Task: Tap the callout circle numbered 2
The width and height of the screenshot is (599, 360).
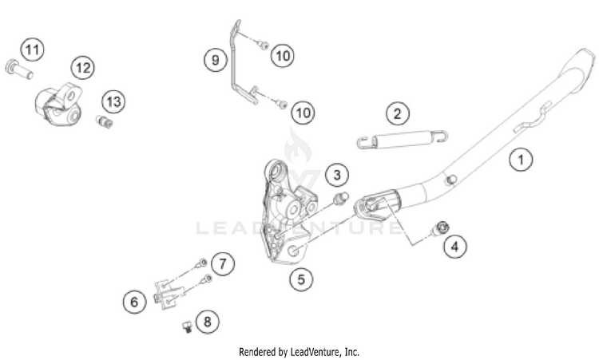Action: pyautogui.click(x=397, y=114)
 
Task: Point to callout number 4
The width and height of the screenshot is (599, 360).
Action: pyautogui.click(x=455, y=247)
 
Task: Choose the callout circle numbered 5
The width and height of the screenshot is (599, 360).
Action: pyautogui.click(x=300, y=279)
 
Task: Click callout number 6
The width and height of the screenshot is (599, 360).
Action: pyautogui.click(x=134, y=301)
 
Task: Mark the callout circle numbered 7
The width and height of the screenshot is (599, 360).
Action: pyautogui.click(x=223, y=262)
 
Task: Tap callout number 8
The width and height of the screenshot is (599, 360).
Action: pyautogui.click(x=207, y=322)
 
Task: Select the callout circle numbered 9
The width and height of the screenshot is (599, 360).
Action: pyautogui.click(x=214, y=60)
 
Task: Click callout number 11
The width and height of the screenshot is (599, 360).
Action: pyautogui.click(x=31, y=51)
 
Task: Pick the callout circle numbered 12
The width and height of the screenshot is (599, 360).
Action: pyautogui.click(x=82, y=67)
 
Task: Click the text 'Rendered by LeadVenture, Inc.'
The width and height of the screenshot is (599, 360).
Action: pyautogui.click(x=299, y=350)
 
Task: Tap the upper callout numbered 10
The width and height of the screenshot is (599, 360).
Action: pyautogui.click(x=282, y=55)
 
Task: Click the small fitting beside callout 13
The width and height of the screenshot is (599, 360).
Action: pyautogui.click(x=102, y=121)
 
